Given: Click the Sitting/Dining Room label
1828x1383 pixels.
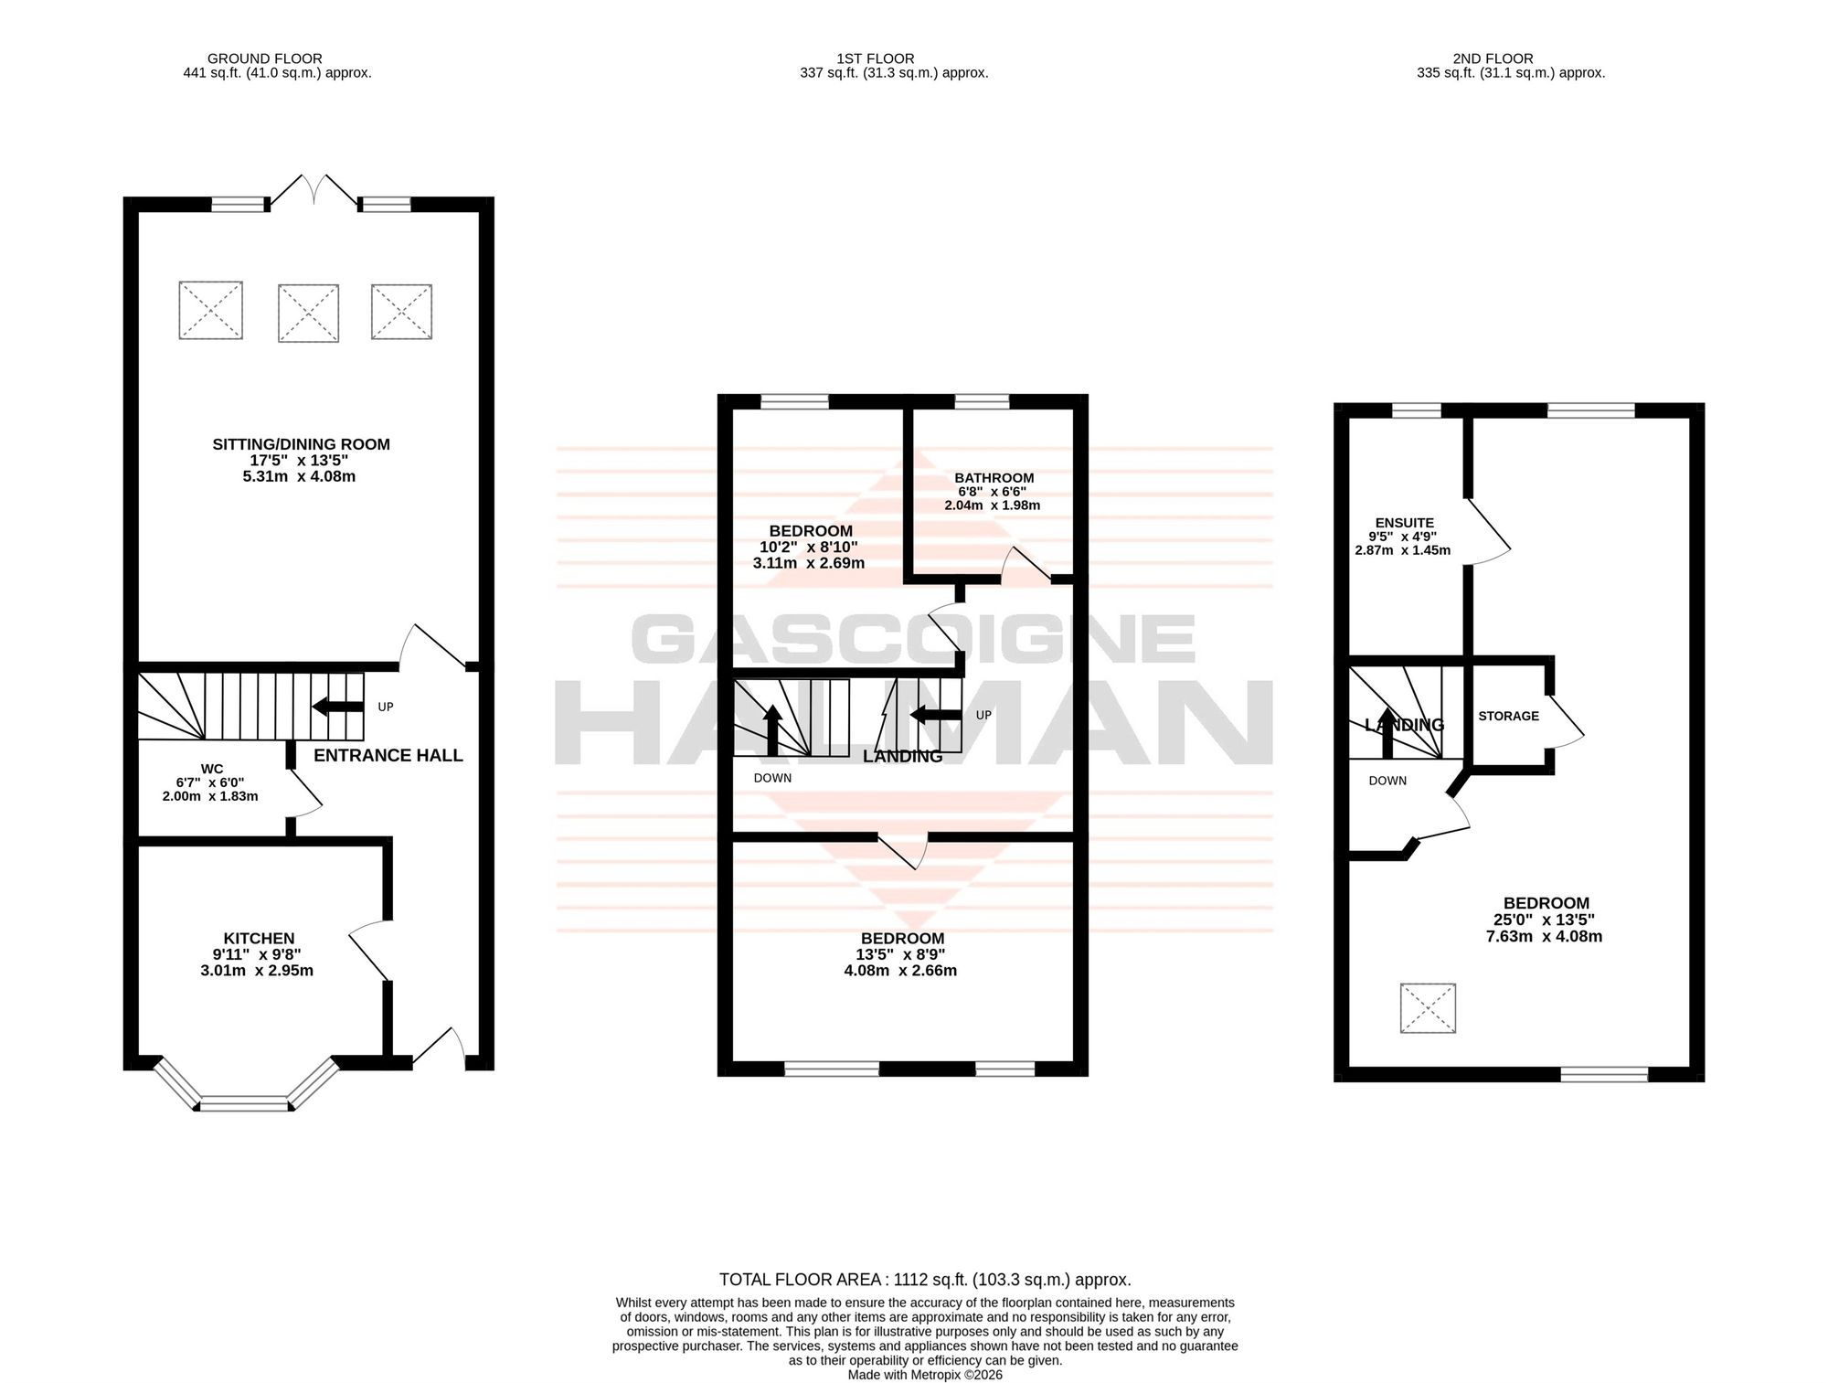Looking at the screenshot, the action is click(x=301, y=444).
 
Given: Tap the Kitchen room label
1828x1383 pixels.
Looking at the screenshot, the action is click(x=259, y=939).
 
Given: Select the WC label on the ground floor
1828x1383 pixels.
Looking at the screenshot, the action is click(x=212, y=769).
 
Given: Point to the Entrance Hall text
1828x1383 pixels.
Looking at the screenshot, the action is click(x=388, y=755).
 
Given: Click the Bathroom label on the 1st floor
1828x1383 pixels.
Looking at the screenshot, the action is click(x=994, y=478).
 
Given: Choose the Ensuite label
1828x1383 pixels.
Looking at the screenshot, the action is click(x=1405, y=523).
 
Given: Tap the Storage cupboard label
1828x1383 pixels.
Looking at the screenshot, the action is click(x=1509, y=716).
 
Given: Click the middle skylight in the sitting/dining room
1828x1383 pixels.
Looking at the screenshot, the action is click(x=308, y=313).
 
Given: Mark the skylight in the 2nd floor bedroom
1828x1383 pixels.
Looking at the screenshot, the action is click(x=1428, y=1008).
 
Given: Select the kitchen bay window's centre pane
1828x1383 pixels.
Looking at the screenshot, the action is click(x=244, y=1103).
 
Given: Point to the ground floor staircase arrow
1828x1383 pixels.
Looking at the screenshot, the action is click(x=337, y=707).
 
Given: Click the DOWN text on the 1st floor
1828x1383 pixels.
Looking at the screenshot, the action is click(x=772, y=778).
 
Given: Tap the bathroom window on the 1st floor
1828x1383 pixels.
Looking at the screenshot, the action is click(x=983, y=401).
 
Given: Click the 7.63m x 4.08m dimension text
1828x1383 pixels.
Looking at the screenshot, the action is click(x=1545, y=936).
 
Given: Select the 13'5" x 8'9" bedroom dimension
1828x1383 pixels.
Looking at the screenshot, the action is click(x=902, y=954).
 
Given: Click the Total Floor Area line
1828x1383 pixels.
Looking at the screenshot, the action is click(x=925, y=1280).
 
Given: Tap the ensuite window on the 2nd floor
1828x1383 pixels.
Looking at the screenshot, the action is click(x=1416, y=410).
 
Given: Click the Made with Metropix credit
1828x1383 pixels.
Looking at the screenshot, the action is click(x=925, y=1375).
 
